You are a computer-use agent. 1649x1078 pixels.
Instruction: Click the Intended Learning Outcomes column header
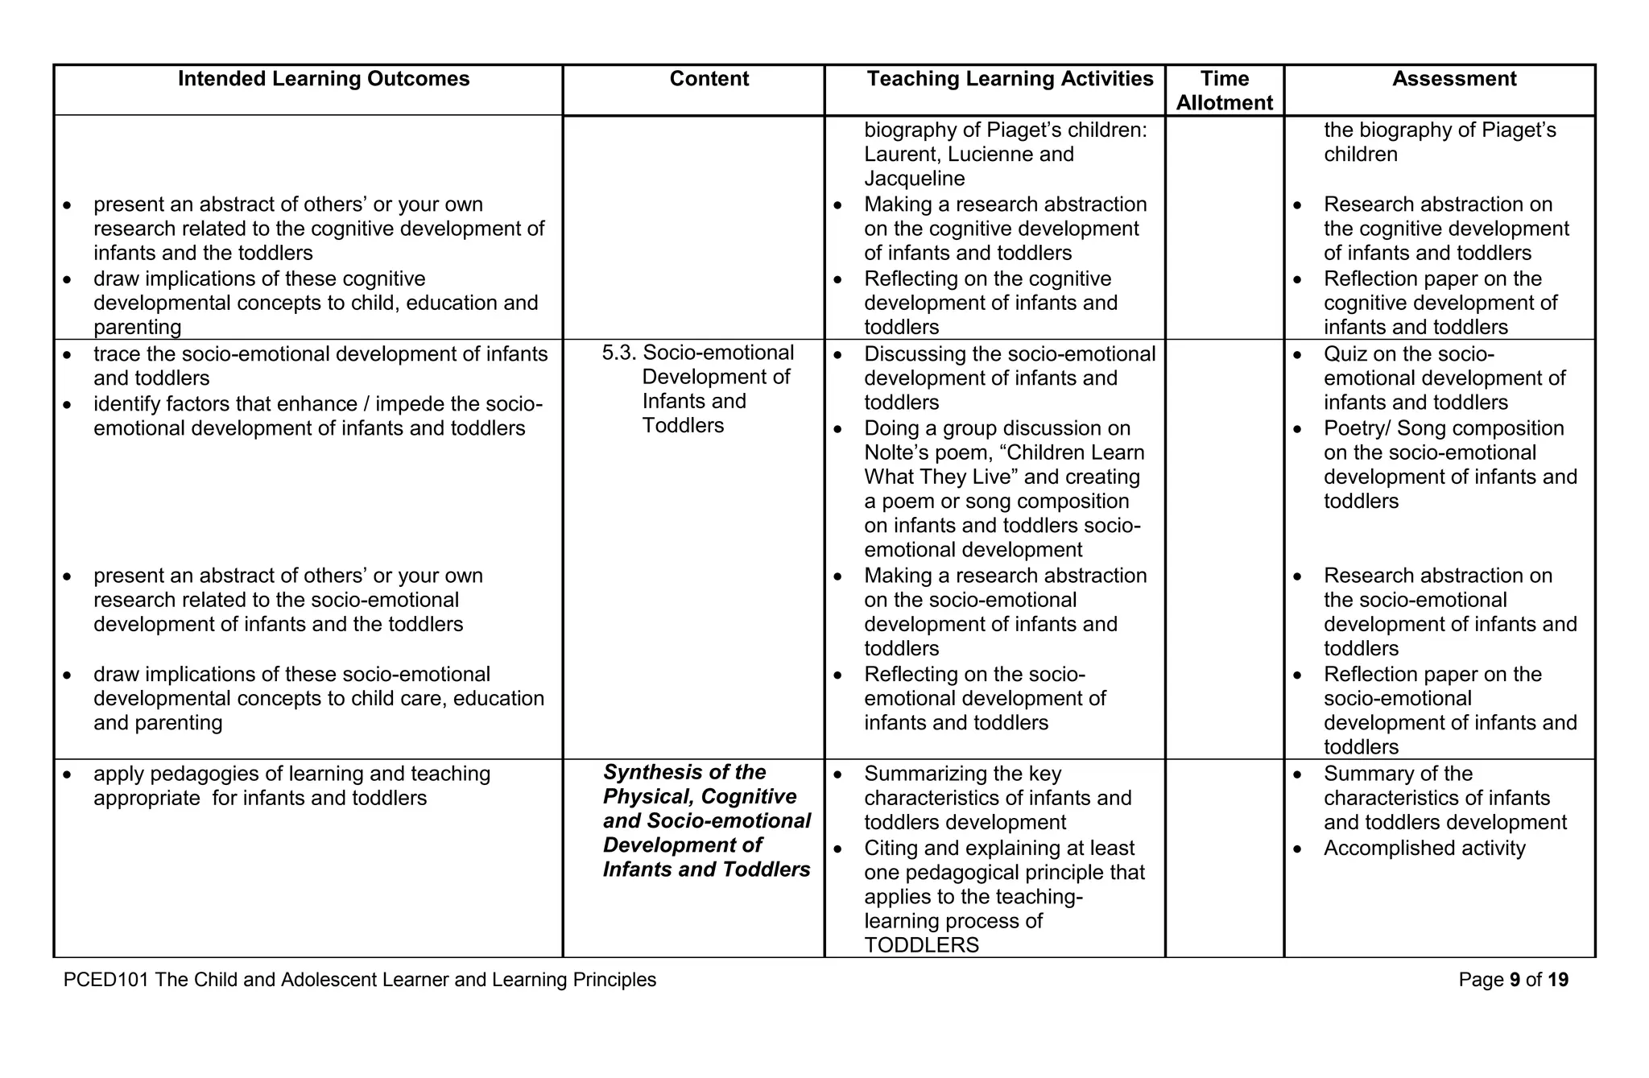(x=324, y=79)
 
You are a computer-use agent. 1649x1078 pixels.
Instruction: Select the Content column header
(x=709, y=79)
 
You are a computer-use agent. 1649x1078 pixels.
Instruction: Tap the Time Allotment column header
(x=1224, y=90)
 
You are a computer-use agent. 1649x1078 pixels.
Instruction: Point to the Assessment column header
(x=1453, y=79)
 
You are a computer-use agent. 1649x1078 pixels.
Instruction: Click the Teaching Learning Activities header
(x=1010, y=79)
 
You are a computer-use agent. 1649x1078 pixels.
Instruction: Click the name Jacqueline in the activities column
(x=914, y=179)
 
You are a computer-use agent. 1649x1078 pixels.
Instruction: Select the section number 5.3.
(x=618, y=353)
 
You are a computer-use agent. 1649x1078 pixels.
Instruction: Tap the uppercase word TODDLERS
(x=921, y=945)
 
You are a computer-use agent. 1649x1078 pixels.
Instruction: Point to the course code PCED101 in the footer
(x=106, y=980)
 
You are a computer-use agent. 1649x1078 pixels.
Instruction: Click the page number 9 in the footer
(x=1515, y=980)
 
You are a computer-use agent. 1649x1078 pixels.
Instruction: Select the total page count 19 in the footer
(x=1557, y=980)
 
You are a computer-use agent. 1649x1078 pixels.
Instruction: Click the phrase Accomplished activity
(x=1424, y=848)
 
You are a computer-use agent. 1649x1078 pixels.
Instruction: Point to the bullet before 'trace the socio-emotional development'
(x=68, y=355)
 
